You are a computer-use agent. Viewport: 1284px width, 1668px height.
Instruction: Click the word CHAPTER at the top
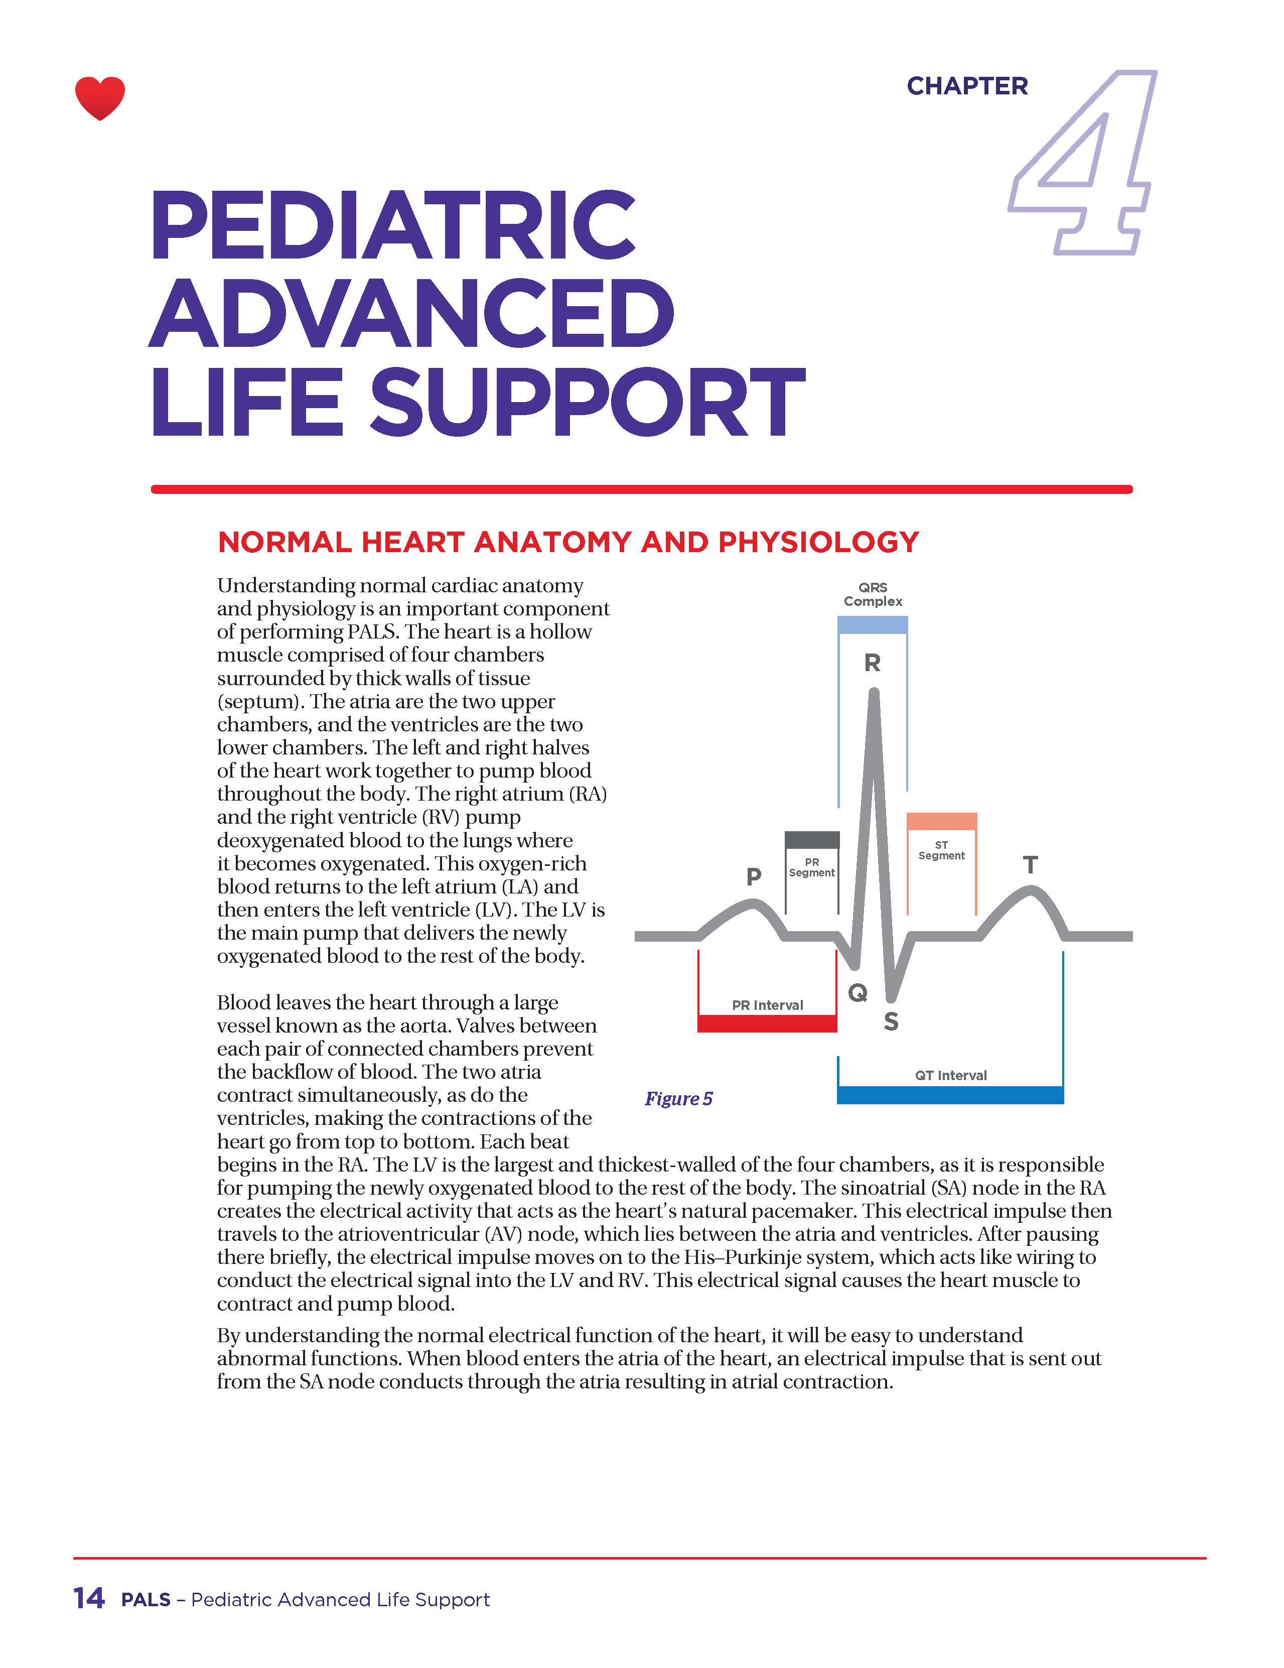tap(966, 86)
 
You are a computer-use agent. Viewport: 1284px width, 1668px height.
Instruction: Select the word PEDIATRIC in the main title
tap(392, 225)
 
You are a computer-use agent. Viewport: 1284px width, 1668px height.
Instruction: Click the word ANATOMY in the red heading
tap(554, 542)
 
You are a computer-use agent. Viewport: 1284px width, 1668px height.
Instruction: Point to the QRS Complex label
tap(873, 594)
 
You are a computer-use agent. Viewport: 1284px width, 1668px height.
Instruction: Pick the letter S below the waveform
tap(891, 1022)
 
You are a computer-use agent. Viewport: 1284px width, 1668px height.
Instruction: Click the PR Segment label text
tap(811, 867)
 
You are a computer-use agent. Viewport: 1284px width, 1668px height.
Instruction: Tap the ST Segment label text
tap(941, 850)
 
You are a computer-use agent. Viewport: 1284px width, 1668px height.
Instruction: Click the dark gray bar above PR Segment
tap(812, 839)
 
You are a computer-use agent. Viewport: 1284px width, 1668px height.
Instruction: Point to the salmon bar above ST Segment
tap(941, 821)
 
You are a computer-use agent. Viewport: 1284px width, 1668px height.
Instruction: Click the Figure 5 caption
tap(678, 1098)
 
